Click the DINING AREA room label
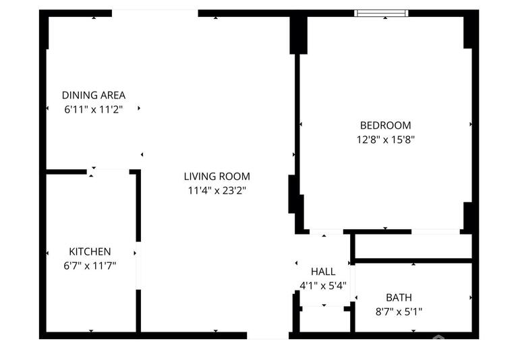point(94,95)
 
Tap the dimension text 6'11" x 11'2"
point(94,109)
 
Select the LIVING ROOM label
point(217,177)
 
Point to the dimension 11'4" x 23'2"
point(217,191)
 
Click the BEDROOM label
point(385,125)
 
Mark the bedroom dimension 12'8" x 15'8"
point(385,140)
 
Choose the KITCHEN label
point(90,251)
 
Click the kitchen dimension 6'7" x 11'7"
point(90,266)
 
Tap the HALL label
point(323,272)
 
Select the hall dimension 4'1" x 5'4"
point(323,285)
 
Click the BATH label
point(399,297)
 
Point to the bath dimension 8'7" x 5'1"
point(399,311)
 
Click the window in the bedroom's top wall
point(382,13)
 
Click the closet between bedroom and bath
point(412,246)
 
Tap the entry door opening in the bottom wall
point(268,334)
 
